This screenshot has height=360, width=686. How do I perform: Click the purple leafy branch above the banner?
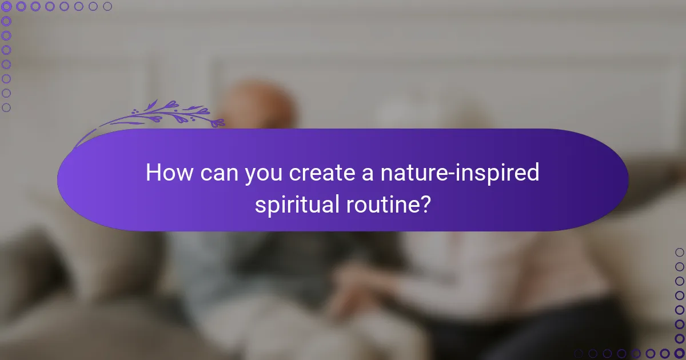click(166, 115)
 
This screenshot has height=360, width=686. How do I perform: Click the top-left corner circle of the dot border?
click(6, 6)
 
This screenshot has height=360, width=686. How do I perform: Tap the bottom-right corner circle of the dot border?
click(679, 353)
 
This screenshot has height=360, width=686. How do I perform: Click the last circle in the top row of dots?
click(107, 6)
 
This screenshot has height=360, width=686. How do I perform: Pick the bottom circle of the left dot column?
click(6, 107)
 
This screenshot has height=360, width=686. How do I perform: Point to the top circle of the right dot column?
click(679, 252)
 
